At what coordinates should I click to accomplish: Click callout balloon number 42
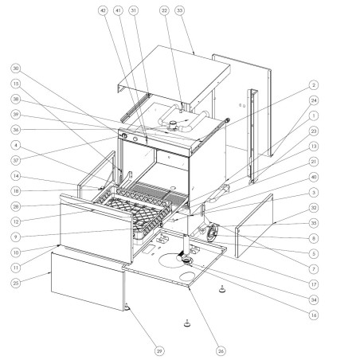[102, 10]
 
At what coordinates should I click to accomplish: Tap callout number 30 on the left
[16, 68]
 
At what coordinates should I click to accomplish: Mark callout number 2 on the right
[314, 84]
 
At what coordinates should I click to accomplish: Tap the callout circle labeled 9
[16, 236]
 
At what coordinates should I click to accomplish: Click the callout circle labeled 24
[314, 100]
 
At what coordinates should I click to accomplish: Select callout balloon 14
[16, 175]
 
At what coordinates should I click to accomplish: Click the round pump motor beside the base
[212, 233]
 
